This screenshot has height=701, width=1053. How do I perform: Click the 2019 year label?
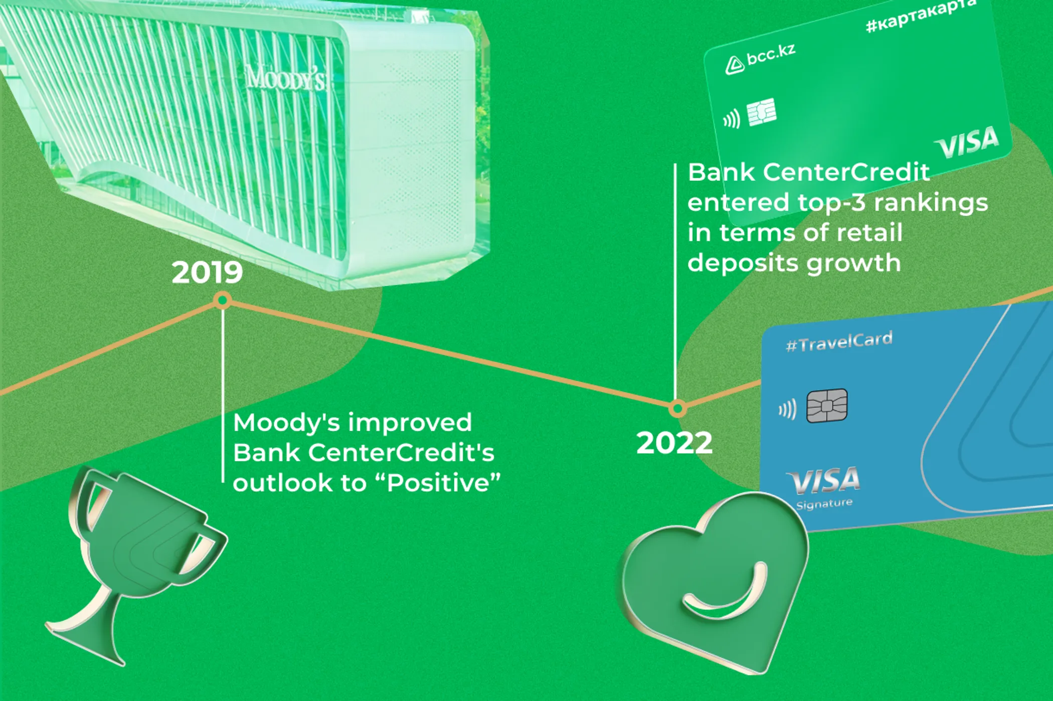pos(207,273)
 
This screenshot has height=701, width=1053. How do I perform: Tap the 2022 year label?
pos(674,443)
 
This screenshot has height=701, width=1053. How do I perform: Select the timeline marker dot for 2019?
pos(223,301)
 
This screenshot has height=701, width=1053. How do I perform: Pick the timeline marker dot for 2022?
pos(677,409)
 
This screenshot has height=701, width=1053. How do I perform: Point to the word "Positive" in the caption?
pos(444,483)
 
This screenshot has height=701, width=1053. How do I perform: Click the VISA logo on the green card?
pos(967,142)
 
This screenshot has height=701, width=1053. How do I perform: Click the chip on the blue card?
pos(827,406)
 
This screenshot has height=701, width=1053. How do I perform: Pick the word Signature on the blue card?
pos(824,504)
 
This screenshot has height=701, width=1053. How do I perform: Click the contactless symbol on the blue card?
pos(787,409)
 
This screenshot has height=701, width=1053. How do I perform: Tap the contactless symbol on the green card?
pos(732,119)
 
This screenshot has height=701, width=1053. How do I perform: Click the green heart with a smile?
pos(715,582)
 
